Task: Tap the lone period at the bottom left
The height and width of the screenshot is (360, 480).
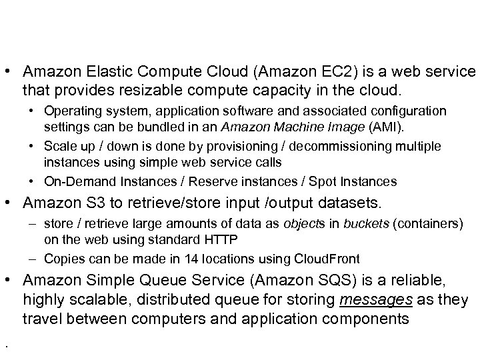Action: coord(5,345)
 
